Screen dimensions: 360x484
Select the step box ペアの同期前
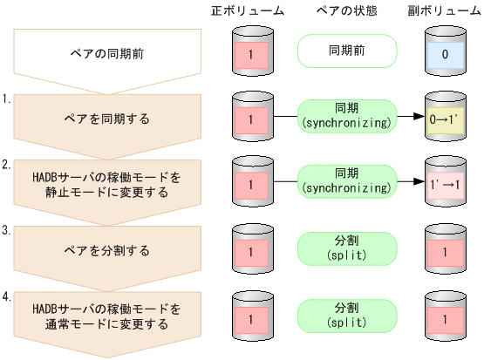[x=106, y=54]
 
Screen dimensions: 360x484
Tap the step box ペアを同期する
[x=106, y=118]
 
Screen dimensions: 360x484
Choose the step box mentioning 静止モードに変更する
[x=106, y=185]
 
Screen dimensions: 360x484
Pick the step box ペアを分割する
[x=106, y=250]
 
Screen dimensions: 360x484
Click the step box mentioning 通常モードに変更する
[x=106, y=316]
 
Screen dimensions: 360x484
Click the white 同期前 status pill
[x=347, y=51]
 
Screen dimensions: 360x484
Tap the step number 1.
[x=7, y=98]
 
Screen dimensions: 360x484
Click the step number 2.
[x=7, y=164]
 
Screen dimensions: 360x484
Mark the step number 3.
[x=7, y=230]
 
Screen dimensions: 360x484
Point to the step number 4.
[x=7, y=296]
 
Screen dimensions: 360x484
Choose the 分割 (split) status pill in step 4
[x=347, y=315]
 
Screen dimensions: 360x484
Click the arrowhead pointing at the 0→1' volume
[x=418, y=118]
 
